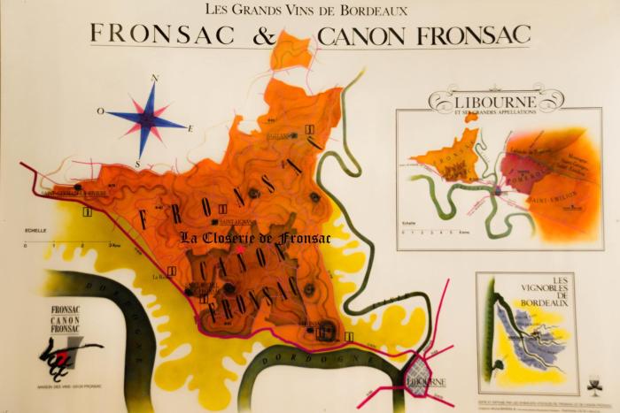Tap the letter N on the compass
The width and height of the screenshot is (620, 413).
pyautogui.click(x=154, y=79)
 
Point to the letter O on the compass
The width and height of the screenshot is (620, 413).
pyautogui.click(x=102, y=111)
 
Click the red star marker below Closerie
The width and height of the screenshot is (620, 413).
pyautogui.click(x=239, y=250)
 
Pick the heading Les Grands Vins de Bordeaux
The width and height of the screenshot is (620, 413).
pyautogui.click(x=306, y=10)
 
